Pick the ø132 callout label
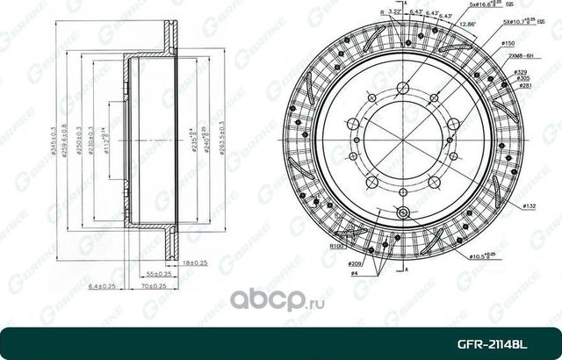click(x=530, y=205)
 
